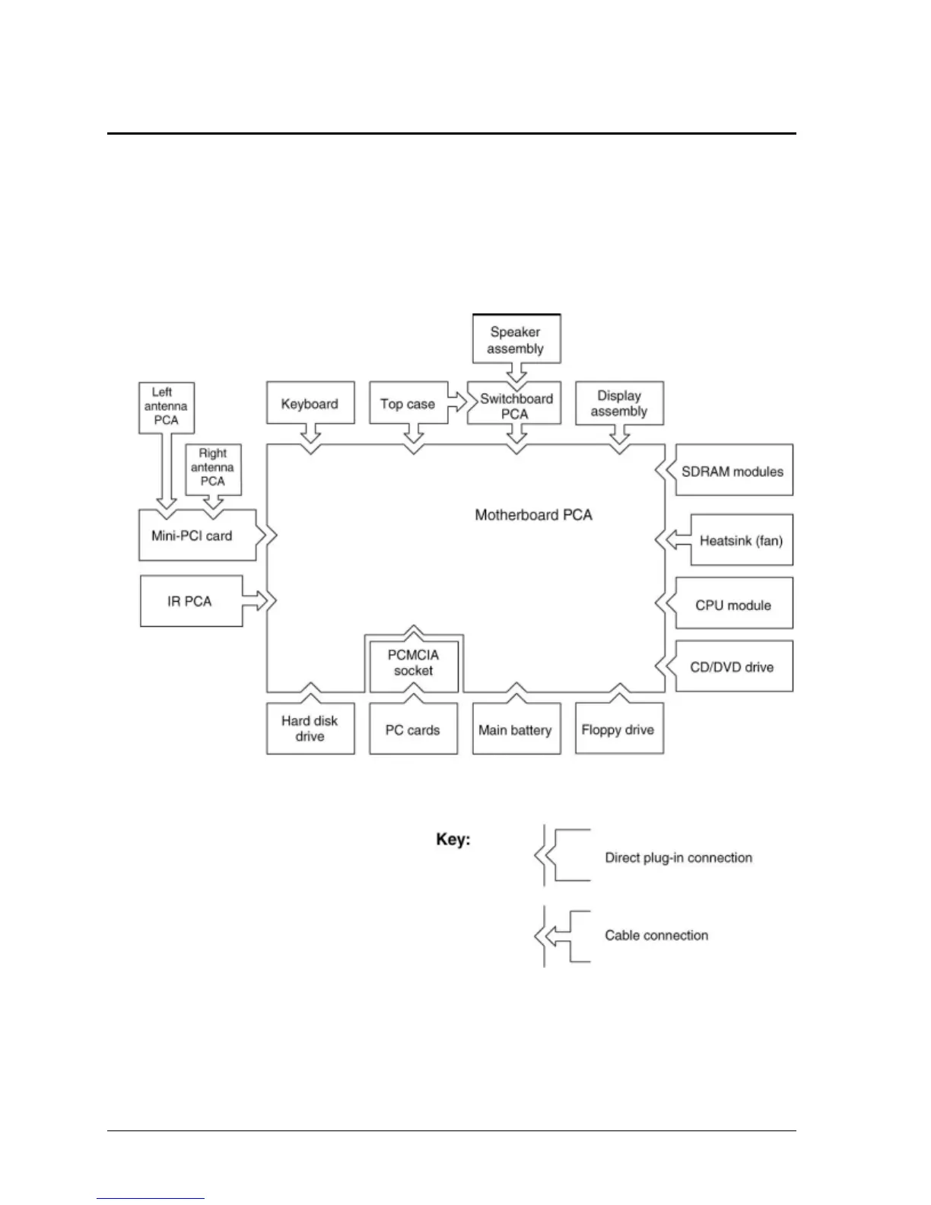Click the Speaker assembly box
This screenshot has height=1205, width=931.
(516, 339)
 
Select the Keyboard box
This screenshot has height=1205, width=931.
(310, 403)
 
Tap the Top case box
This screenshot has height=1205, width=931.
(408, 403)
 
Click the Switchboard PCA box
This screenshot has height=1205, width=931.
(514, 403)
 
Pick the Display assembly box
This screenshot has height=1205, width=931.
(619, 403)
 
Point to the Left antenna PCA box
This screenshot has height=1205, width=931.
(167, 408)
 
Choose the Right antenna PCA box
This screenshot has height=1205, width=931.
(213, 469)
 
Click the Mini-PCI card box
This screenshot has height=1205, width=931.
(198, 535)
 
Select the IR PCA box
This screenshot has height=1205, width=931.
(192, 601)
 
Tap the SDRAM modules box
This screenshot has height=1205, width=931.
(733, 469)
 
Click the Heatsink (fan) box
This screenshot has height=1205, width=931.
(742, 539)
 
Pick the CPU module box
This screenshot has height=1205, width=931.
(733, 603)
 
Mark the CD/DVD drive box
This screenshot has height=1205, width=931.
(733, 666)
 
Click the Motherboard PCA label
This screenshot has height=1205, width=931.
(533, 515)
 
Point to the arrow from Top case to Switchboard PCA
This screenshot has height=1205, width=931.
(457, 402)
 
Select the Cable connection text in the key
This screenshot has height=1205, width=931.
(656, 936)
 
